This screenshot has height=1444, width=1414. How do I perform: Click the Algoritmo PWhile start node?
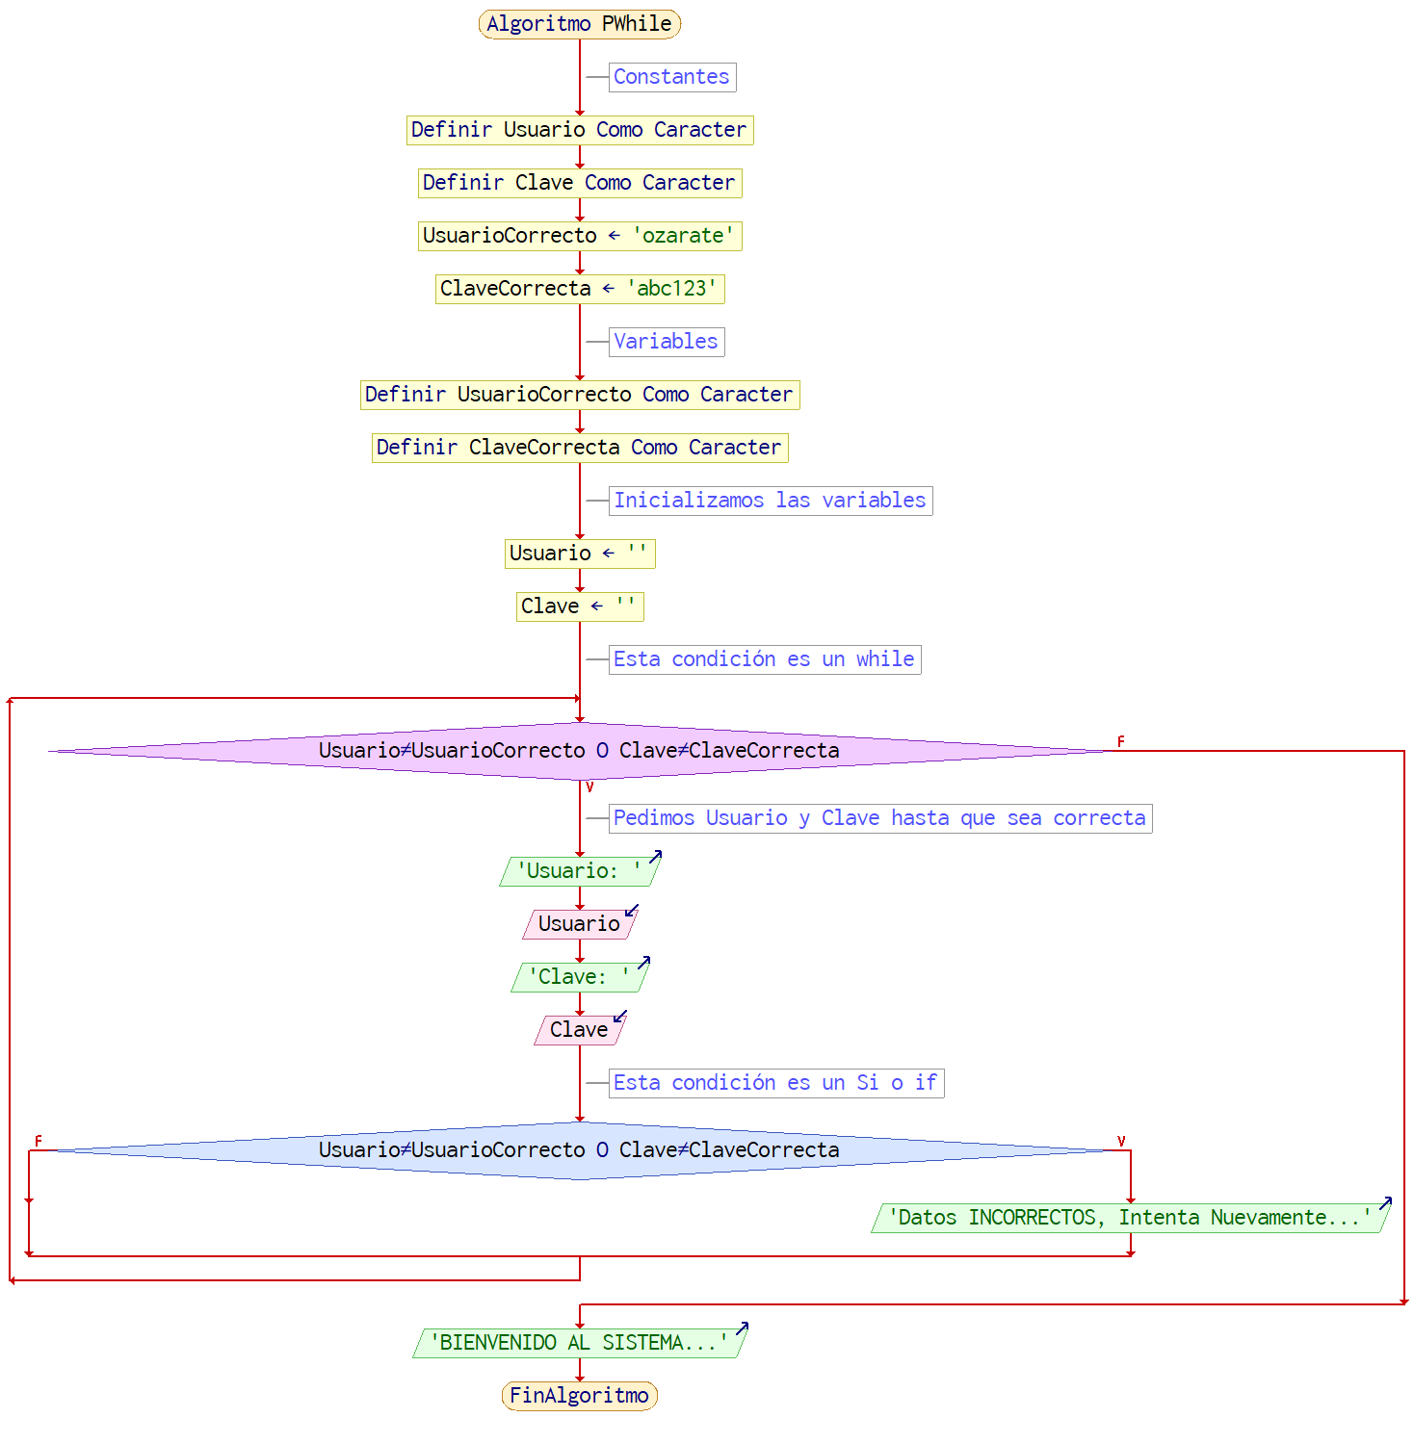tap(579, 24)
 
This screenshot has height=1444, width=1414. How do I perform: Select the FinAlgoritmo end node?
tap(579, 1396)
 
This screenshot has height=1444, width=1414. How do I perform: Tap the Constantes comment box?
tap(671, 77)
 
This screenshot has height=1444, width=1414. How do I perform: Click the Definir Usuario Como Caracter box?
tap(579, 130)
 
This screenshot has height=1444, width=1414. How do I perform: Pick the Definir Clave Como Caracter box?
tap(579, 183)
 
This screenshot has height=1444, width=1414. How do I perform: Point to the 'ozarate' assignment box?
tap(579, 236)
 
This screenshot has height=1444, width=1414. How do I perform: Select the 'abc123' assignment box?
tap(579, 289)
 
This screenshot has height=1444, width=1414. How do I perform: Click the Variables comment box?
tap(666, 342)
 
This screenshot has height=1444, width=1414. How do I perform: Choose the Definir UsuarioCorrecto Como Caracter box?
tap(579, 395)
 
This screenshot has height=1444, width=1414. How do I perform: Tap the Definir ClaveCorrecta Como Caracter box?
tap(579, 448)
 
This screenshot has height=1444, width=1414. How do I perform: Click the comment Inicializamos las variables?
tap(770, 501)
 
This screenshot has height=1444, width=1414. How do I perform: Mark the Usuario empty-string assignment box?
tap(579, 554)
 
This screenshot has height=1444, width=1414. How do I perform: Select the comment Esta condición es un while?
tap(764, 659)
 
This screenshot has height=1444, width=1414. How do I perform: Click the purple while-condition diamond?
tap(579, 751)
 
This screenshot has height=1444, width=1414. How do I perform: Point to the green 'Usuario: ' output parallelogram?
tap(579, 871)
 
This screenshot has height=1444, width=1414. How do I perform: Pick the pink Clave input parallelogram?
tap(579, 1030)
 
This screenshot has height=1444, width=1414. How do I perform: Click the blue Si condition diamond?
tap(579, 1150)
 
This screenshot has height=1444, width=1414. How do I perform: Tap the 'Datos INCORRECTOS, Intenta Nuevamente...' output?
tap(1130, 1218)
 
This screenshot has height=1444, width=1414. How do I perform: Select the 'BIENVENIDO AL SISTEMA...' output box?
tap(579, 1343)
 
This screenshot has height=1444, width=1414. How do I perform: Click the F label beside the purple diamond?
tap(1120, 741)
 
